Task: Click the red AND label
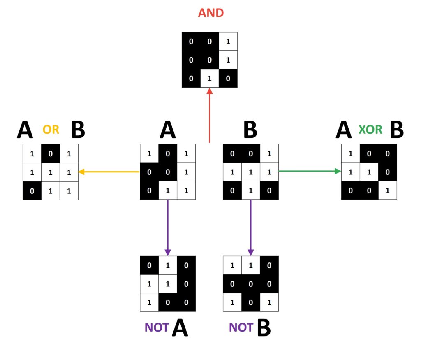210,13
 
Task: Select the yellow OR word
51,130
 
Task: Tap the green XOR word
370,130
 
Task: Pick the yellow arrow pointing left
109,172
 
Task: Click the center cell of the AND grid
210,60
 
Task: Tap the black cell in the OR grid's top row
51,153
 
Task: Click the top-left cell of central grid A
149,153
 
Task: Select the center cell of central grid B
251,172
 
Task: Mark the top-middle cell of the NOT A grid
168,265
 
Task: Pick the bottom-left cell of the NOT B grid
232,302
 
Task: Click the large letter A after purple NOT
179,328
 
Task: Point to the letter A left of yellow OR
25,130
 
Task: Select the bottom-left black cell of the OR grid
32,190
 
